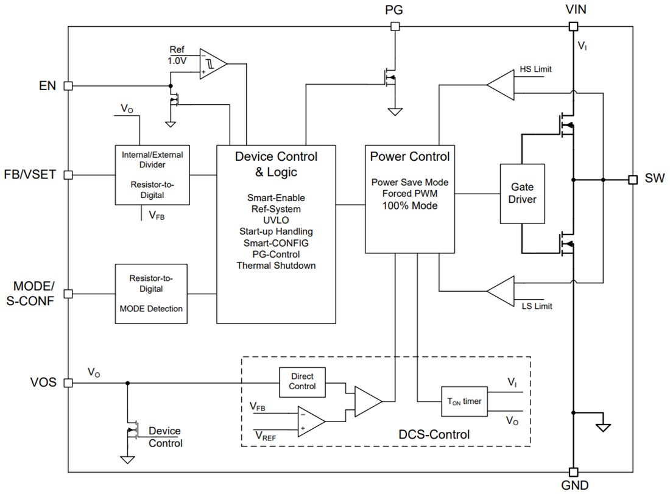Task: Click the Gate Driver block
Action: (x=522, y=193)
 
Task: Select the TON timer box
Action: (x=465, y=401)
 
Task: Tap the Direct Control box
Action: (x=302, y=382)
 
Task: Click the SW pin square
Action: (x=633, y=180)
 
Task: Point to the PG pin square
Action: (x=395, y=26)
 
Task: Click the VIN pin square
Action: (x=573, y=26)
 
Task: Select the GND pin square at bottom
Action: (x=573, y=471)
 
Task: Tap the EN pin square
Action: (x=68, y=86)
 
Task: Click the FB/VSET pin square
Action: (x=68, y=175)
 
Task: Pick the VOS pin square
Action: (x=68, y=383)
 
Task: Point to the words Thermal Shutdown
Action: (x=276, y=266)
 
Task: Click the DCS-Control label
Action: (x=434, y=434)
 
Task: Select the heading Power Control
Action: (x=410, y=157)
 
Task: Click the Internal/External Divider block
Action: (x=152, y=175)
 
